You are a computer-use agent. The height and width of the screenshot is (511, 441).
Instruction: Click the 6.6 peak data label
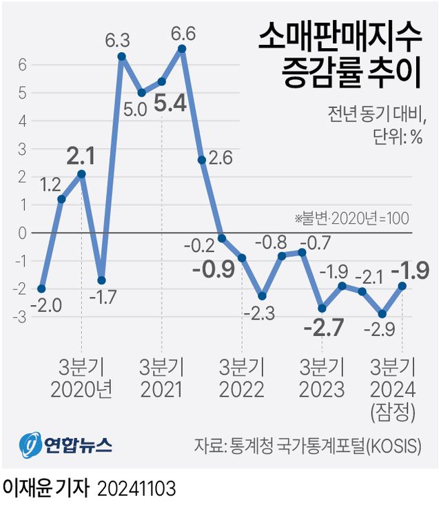pyautogui.click(x=183, y=32)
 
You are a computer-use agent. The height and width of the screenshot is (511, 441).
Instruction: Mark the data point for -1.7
pyautogui.click(x=101, y=280)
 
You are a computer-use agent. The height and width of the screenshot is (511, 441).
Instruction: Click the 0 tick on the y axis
pyautogui.click(x=22, y=233)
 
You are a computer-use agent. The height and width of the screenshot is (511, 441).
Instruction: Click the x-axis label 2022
pyautogui.click(x=242, y=390)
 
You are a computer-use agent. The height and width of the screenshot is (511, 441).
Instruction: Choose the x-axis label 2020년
pyautogui.click(x=81, y=390)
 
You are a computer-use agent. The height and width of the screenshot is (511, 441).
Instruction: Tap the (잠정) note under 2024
pyautogui.click(x=393, y=413)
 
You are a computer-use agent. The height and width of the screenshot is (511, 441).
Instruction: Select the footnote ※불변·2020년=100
pyautogui.click(x=352, y=218)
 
